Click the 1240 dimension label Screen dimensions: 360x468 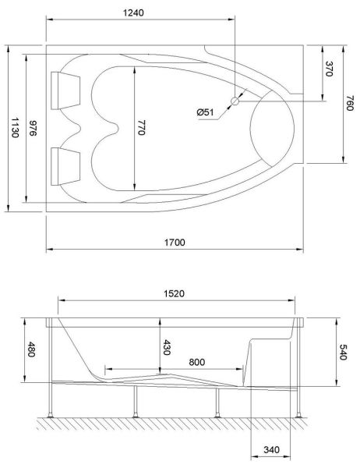(x=133, y=12)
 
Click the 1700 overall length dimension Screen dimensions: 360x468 (x=175, y=242)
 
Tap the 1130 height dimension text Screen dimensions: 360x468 (x=16, y=128)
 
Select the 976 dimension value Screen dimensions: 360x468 (x=32, y=128)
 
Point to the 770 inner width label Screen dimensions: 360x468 (x=141, y=127)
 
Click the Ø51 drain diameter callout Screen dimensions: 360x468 (x=205, y=112)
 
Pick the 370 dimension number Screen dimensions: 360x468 (x=329, y=69)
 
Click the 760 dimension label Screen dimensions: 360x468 (x=350, y=103)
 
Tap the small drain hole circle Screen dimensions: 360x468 (x=235, y=101)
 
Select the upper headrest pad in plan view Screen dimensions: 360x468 (x=65, y=90)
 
